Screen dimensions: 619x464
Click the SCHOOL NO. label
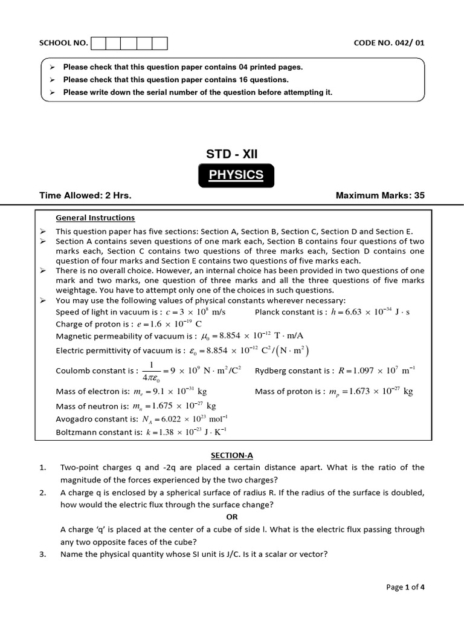click(63, 43)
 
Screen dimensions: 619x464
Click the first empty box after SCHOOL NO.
click(97, 43)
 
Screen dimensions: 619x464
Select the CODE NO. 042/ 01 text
click(393, 43)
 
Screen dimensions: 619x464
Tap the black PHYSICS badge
click(236, 175)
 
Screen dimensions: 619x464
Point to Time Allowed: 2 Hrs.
click(85, 196)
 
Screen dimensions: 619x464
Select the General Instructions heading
click(95, 218)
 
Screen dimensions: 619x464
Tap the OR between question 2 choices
click(232, 517)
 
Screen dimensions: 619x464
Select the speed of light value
click(195, 312)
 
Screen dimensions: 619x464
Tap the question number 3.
click(43, 554)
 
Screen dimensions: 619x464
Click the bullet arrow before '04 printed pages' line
click(53, 67)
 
